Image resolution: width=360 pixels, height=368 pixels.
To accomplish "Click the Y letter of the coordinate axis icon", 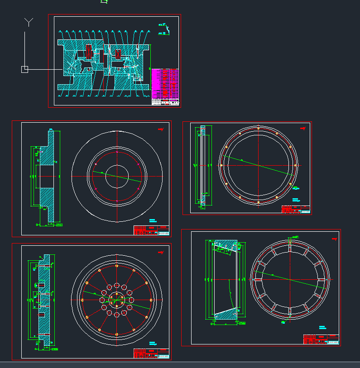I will [x=29, y=22].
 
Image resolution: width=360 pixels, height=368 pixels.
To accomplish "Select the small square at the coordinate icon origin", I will [x=24, y=69].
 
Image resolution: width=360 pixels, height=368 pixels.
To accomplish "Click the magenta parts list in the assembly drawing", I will [x=165, y=83].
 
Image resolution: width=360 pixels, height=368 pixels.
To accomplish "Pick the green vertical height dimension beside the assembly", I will [x=150, y=63].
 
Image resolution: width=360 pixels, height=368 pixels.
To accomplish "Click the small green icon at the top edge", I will [x=104, y=1].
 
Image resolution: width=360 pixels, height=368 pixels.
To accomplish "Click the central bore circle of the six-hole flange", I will [x=117, y=176].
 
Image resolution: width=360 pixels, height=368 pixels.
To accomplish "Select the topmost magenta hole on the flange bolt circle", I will [x=117, y=152].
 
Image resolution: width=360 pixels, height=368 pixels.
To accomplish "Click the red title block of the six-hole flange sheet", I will [x=151, y=230].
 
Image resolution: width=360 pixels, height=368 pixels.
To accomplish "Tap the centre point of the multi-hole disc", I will [x=117, y=300].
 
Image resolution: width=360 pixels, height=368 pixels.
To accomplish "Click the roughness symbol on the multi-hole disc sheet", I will [x=160, y=252].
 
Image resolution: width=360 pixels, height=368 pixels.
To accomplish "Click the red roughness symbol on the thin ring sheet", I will [x=302, y=129].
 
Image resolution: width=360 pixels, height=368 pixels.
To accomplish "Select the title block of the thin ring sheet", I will [x=296, y=209].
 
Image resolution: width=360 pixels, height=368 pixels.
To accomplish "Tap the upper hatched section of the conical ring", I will [x=225, y=246].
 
